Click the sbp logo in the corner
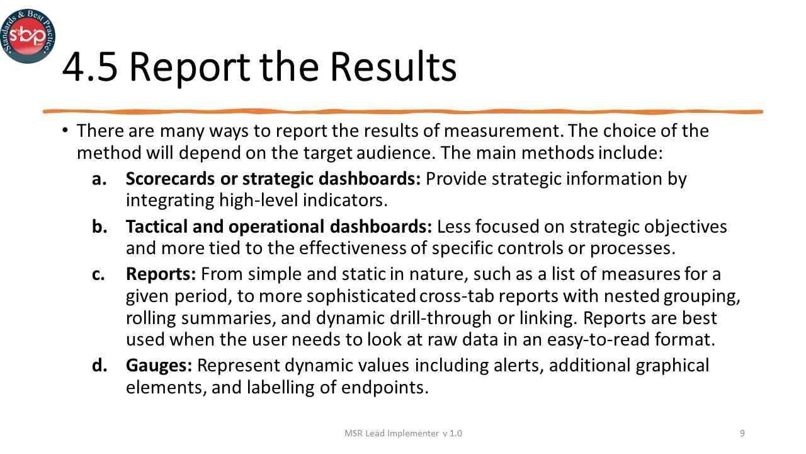click(x=28, y=36)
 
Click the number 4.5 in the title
click(x=89, y=67)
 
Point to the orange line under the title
click(x=403, y=112)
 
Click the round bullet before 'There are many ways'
click(x=65, y=130)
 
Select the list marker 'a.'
click(x=100, y=178)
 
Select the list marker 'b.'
click(x=100, y=226)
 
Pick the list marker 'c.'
click(x=99, y=274)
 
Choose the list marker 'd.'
click(x=100, y=365)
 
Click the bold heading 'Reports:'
click(x=161, y=274)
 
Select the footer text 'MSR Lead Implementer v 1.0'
click(x=403, y=433)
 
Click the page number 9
click(x=742, y=433)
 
